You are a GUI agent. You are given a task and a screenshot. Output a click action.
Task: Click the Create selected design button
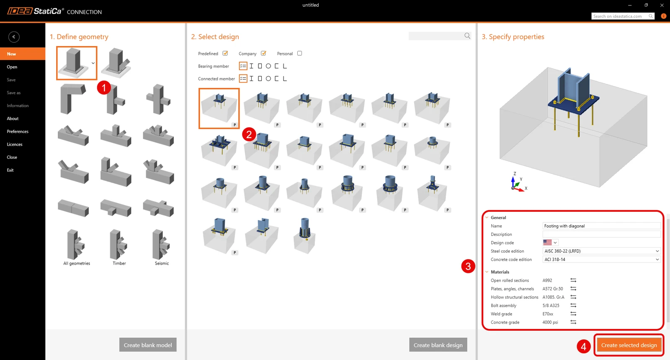pos(629,345)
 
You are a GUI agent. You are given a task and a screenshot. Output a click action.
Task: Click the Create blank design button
pos(438,345)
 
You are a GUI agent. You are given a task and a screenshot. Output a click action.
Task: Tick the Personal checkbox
pos(299,53)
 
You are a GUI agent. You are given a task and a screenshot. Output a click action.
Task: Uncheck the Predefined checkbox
pos(225,53)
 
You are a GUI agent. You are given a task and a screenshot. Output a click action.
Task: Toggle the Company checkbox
pos(263,53)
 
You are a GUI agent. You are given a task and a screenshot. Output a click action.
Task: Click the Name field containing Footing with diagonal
pos(601,226)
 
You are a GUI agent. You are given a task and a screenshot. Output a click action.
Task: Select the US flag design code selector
pos(550,242)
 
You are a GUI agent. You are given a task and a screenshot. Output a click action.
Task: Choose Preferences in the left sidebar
pos(18,131)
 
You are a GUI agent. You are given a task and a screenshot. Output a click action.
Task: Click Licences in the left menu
pos(15,144)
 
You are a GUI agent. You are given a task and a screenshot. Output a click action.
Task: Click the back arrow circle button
pos(14,37)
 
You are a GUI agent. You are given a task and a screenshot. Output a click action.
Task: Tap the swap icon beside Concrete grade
pos(573,322)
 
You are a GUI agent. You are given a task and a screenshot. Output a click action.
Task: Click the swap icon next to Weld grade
pos(573,314)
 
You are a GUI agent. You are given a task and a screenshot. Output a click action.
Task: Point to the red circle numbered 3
pos(468,266)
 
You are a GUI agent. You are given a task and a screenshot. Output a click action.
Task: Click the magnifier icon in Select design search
pos(467,36)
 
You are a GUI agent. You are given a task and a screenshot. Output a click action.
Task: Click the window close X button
pos(662,5)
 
